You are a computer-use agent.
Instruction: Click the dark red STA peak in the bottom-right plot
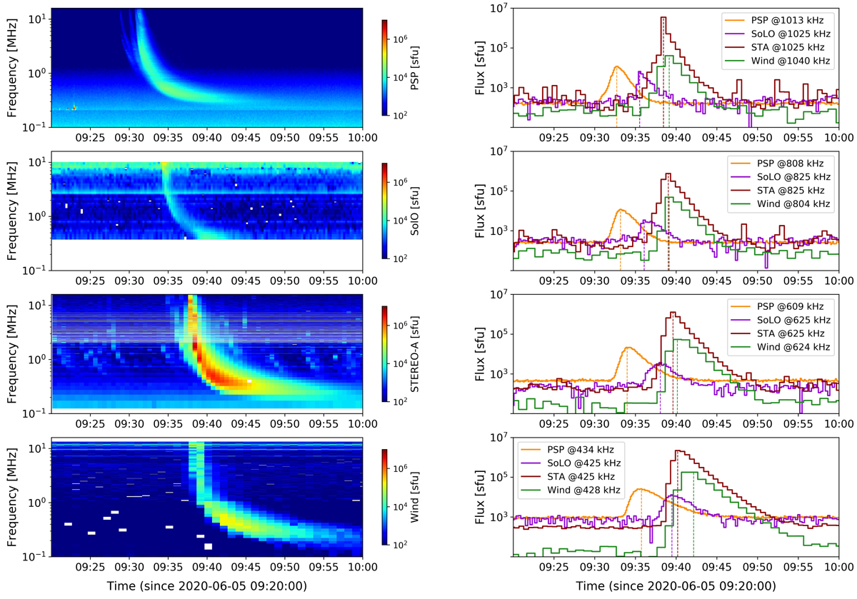(x=677, y=450)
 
